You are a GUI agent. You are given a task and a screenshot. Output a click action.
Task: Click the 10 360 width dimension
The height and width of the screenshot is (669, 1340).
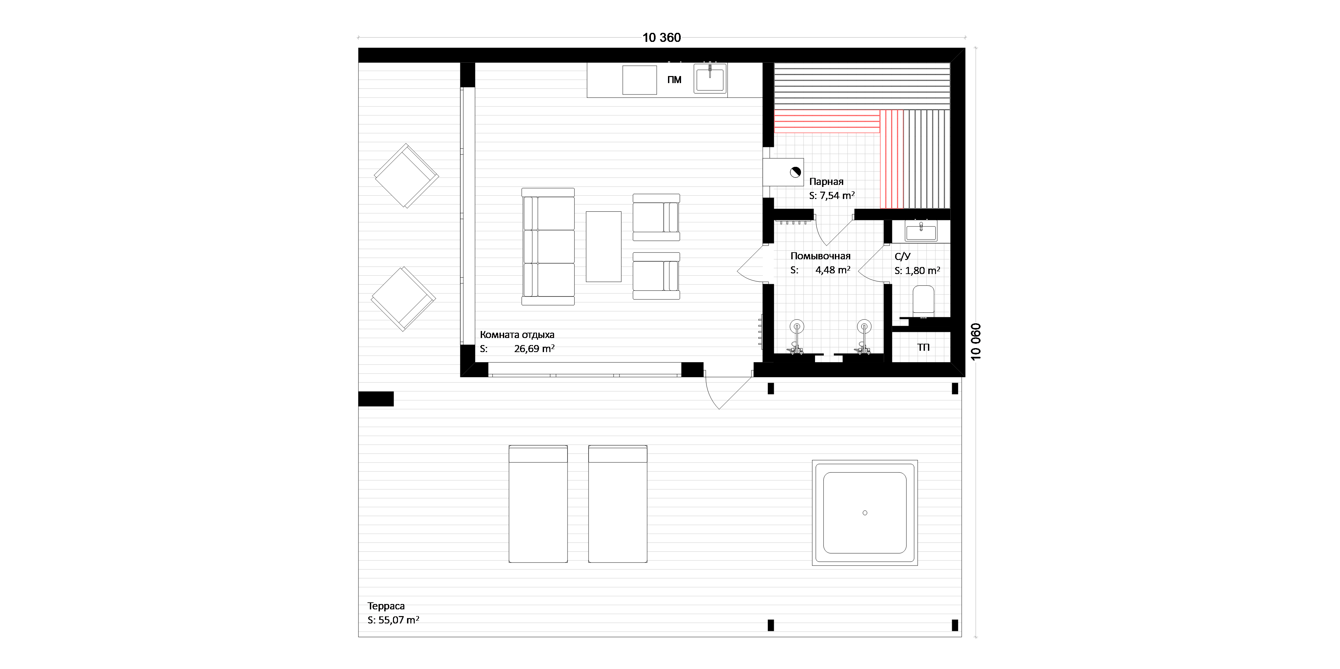pyautogui.click(x=661, y=38)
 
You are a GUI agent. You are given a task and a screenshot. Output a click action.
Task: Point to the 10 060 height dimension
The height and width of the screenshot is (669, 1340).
pyautogui.click(x=976, y=341)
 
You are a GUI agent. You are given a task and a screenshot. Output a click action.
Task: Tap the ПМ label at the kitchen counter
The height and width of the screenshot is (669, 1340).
pyautogui.click(x=674, y=80)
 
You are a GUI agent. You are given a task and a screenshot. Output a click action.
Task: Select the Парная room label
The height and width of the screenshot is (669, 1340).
pyautogui.click(x=826, y=182)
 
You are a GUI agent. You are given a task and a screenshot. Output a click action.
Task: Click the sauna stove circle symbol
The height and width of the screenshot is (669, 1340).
pyautogui.click(x=795, y=172)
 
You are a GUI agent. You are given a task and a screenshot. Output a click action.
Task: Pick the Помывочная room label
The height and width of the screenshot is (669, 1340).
pyautogui.click(x=820, y=256)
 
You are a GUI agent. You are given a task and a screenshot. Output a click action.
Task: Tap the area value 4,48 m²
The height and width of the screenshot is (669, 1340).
pyautogui.click(x=833, y=270)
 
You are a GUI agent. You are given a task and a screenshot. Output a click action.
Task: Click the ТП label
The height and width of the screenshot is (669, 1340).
pyautogui.click(x=923, y=347)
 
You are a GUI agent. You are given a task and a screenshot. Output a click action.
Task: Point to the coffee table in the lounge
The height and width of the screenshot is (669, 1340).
pyautogui.click(x=603, y=247)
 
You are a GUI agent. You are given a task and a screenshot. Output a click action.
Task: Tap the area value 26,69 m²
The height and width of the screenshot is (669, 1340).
pyautogui.click(x=534, y=348)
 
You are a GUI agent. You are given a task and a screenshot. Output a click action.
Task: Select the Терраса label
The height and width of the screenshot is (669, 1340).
pyautogui.click(x=386, y=606)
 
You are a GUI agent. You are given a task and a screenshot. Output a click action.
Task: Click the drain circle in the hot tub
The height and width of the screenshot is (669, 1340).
pyautogui.click(x=865, y=513)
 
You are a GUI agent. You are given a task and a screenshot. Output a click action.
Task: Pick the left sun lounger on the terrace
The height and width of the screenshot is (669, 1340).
pyautogui.click(x=538, y=504)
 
